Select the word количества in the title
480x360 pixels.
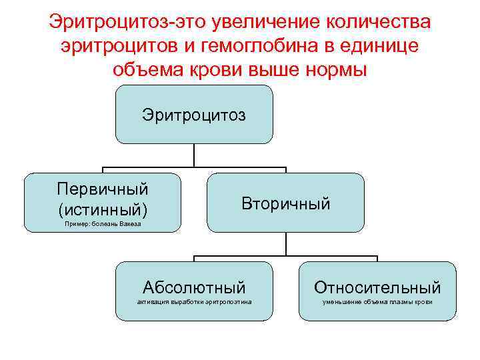(x=377, y=22)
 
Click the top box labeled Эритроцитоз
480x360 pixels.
(x=193, y=115)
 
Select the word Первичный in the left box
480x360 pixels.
(x=102, y=190)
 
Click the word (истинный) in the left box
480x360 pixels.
(x=102, y=209)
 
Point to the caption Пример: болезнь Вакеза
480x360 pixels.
(x=103, y=225)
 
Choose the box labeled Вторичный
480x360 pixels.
(x=285, y=203)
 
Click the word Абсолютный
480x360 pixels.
(x=194, y=288)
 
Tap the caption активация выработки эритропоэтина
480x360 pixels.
(x=194, y=303)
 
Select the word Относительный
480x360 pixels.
(x=377, y=288)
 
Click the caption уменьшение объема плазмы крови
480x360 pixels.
(x=377, y=303)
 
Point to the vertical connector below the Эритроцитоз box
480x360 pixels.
(x=193, y=155)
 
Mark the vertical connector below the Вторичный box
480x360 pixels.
(x=286, y=244)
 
